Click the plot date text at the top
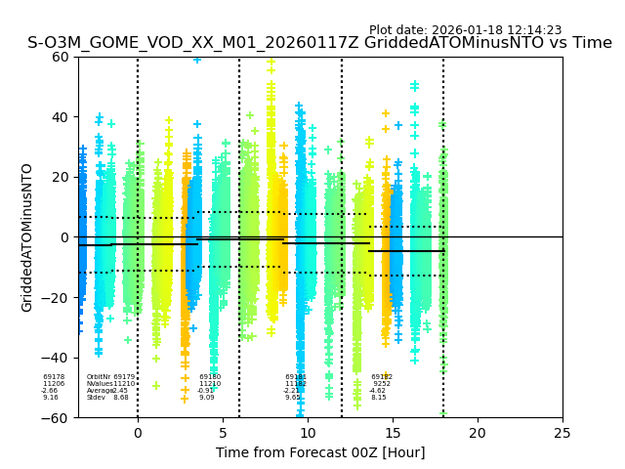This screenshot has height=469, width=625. pos(465,30)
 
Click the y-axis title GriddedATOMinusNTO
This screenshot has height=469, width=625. pos(27,237)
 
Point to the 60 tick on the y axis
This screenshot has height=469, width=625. pos(60,57)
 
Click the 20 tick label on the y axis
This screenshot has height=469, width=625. pos(60,177)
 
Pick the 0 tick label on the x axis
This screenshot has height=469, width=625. pos(138,432)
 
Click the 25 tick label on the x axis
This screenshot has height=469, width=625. pos(562,432)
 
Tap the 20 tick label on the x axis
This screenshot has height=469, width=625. pos(478,432)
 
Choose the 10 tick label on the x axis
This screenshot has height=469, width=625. pos(308,432)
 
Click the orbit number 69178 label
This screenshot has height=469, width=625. pos(54,377)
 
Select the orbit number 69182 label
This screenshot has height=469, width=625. pos(381,377)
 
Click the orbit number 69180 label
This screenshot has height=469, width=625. pos(210,377)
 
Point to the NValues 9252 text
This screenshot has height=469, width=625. pos(381,384)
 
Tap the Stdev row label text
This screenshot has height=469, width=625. pos(96,398)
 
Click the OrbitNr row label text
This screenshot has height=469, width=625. pos(99,377)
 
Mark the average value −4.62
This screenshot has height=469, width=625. pos(378,391)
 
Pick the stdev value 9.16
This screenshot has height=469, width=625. pos(51,398)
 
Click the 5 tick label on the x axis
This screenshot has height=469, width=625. pos(223,432)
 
